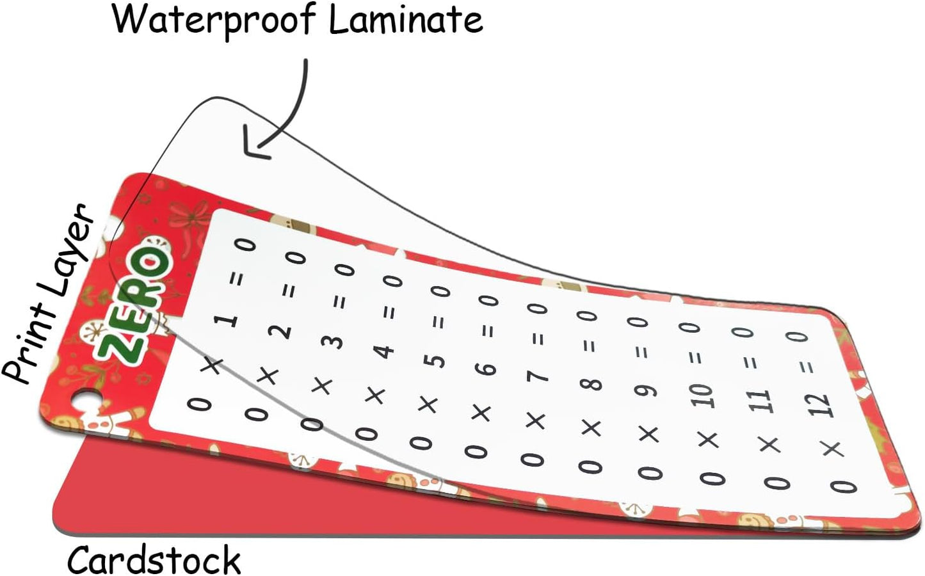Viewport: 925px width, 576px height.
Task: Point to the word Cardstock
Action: (154, 559)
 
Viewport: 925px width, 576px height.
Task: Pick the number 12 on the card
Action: (820, 406)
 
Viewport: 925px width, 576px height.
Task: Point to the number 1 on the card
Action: (230, 321)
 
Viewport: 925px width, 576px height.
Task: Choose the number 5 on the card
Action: (436, 361)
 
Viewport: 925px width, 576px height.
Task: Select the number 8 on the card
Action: (593, 383)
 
